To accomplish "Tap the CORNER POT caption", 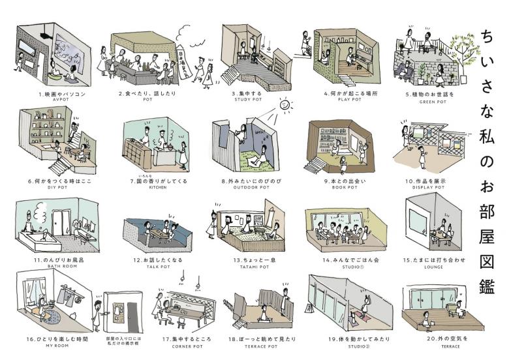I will pyautogui.click(x=181, y=346).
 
